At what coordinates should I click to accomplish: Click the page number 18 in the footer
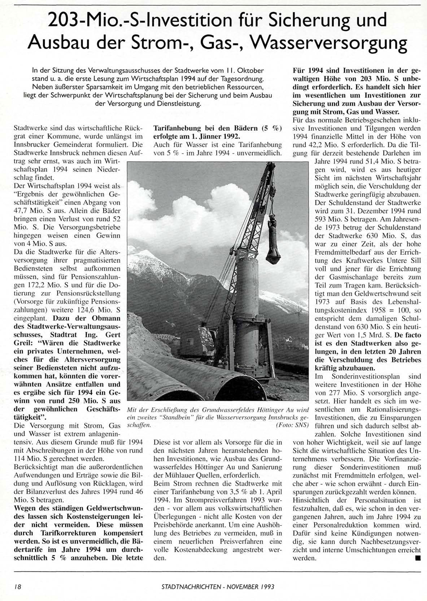[17, 587]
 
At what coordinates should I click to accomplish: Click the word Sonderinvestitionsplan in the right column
[355, 377]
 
